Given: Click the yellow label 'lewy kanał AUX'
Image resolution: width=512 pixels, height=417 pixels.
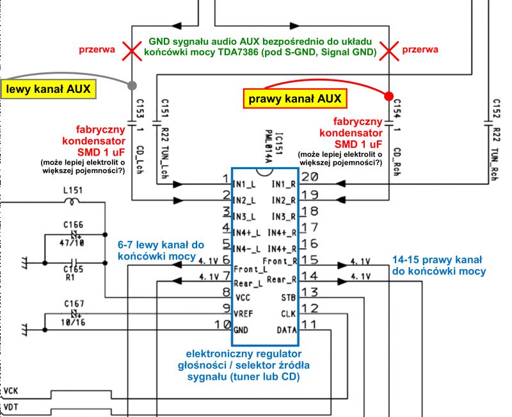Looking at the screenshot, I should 49,88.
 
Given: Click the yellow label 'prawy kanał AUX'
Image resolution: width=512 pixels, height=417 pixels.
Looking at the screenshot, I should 294,99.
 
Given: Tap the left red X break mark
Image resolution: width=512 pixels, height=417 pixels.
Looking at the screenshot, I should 132,51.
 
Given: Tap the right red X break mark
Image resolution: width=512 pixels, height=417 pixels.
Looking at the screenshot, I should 388,51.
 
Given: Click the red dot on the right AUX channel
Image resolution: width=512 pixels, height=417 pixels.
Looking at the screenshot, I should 388,96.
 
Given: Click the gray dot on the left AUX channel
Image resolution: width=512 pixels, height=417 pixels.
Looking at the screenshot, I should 132,85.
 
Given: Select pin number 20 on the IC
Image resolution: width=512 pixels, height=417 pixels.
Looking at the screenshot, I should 310,178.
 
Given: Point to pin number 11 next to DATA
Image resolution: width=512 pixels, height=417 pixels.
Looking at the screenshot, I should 308,324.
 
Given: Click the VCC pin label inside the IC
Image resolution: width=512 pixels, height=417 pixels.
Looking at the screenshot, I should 243,298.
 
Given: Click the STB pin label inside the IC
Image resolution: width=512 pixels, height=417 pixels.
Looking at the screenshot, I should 287,298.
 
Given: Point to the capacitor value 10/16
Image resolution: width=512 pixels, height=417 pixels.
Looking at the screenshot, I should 74,322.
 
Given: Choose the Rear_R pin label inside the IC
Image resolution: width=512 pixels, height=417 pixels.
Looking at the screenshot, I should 282,280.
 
